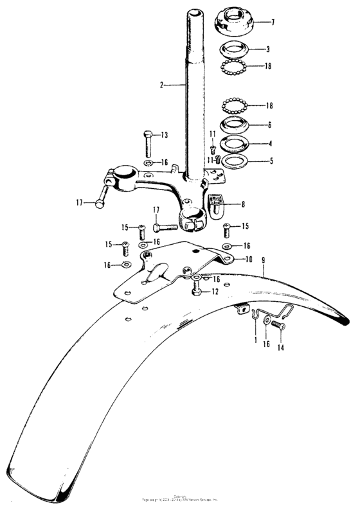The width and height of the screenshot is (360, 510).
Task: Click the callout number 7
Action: click(273, 22)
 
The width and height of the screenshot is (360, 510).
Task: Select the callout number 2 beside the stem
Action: click(163, 84)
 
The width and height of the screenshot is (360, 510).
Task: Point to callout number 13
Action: click(164, 135)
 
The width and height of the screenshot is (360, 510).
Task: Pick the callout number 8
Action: click(242, 204)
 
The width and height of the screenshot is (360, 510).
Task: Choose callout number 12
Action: click(215, 292)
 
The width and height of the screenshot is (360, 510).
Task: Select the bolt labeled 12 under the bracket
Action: click(196, 292)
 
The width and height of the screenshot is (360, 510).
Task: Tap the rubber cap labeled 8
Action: click(217, 202)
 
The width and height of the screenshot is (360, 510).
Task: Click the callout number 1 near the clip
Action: click(255, 338)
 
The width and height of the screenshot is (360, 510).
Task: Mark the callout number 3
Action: click(268, 49)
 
